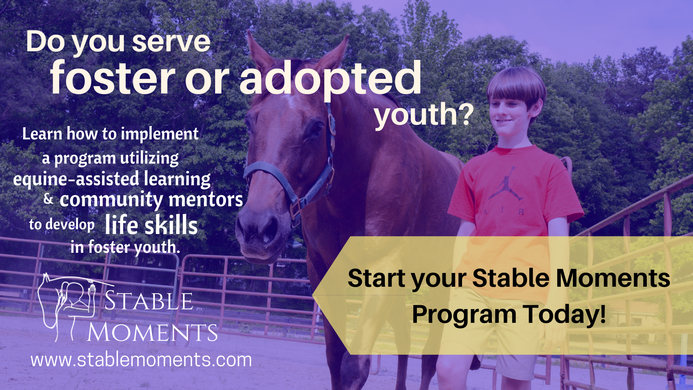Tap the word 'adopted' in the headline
tap(330, 80)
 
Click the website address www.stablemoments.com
tap(141, 360)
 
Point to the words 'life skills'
tap(151, 225)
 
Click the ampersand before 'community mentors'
tap(48, 198)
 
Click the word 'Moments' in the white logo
tap(152, 332)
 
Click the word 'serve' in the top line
tap(171, 42)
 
